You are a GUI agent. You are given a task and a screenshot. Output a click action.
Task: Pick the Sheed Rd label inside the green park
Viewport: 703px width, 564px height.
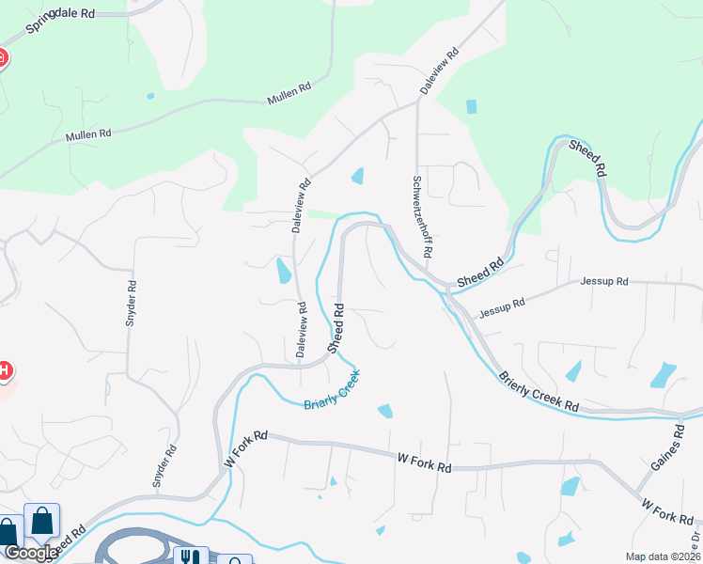[x=586, y=157]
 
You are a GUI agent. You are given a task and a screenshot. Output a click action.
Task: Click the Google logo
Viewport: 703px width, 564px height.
[x=30, y=552]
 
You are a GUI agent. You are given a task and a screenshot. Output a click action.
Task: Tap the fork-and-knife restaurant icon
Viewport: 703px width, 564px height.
[x=191, y=556]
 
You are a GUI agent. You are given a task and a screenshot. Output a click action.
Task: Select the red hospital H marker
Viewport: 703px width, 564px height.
[x=4, y=370]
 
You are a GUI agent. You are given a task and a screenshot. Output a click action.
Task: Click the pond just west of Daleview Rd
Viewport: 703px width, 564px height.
[x=283, y=271]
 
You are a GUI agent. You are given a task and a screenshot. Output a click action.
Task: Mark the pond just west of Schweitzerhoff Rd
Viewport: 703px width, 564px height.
[x=357, y=176]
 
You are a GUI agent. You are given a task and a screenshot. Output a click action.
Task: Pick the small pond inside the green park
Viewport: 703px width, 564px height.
[x=470, y=106]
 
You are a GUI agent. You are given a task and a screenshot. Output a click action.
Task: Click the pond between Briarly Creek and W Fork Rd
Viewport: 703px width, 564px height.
[x=384, y=411]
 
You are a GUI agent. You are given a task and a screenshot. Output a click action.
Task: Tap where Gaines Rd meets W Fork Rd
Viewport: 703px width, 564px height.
[x=638, y=495]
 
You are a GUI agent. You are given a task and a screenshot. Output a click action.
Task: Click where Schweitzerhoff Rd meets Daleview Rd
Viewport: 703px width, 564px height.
[x=417, y=102]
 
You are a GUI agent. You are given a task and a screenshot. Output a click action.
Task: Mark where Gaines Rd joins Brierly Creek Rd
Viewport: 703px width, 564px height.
[x=680, y=415]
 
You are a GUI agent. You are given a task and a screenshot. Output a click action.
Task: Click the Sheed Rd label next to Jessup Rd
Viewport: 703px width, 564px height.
[x=478, y=273]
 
